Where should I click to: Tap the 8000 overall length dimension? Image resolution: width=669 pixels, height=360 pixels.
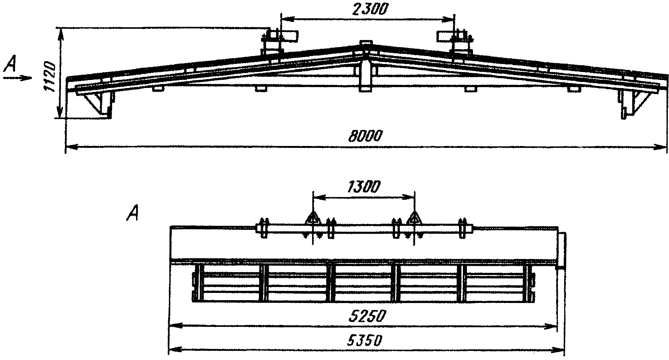[365, 136]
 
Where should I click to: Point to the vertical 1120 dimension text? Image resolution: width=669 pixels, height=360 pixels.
[50, 77]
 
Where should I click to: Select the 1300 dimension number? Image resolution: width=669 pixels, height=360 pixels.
[364, 187]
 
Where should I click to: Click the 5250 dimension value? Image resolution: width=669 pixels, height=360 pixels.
[367, 316]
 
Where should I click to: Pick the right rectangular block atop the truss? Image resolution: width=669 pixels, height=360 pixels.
[445, 36]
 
